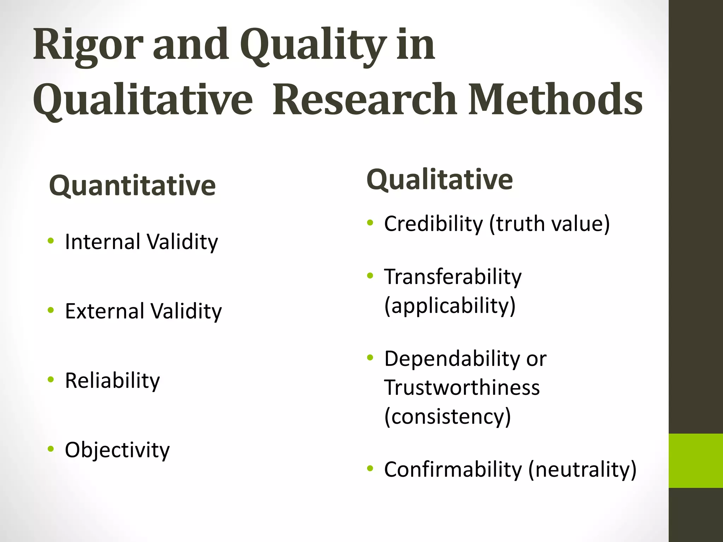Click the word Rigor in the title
88,46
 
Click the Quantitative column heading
132,186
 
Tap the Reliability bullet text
112,381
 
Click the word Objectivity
117,450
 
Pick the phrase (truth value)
549,224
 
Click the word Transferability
453,277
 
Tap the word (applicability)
450,306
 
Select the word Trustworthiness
462,387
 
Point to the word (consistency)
447,416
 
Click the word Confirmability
453,470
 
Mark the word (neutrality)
582,470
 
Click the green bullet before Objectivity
51,449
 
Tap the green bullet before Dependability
370,358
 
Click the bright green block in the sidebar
695,460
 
